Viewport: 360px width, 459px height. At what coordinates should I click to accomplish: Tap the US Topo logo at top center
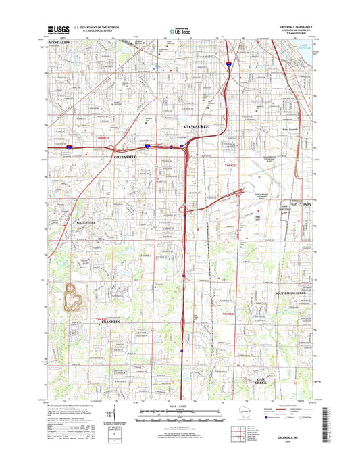(180, 30)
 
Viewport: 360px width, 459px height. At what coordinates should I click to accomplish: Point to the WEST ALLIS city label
(59, 43)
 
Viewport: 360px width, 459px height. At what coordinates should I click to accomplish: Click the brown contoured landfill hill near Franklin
(72, 298)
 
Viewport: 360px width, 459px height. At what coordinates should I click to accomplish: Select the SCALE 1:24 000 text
(180, 405)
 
